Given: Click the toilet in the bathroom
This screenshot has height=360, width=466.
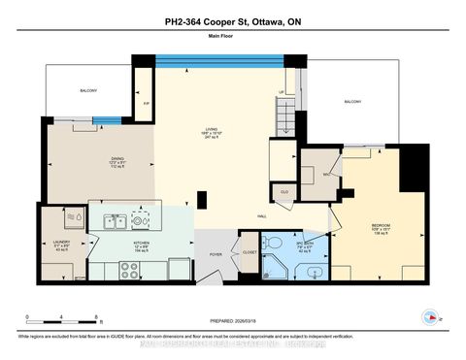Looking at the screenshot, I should [276, 242].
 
